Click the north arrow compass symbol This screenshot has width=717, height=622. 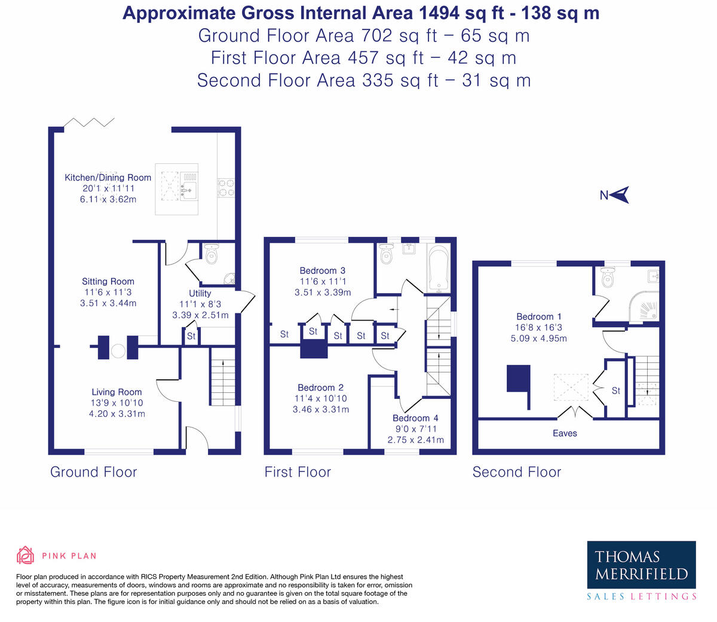[619, 195]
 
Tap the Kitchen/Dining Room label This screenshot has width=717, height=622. [108, 178]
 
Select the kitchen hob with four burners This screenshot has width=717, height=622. [226, 188]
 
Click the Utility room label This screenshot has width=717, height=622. [200, 294]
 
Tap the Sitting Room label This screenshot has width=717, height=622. [108, 281]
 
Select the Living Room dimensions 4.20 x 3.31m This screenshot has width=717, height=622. [117, 414]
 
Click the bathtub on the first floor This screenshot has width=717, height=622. [439, 268]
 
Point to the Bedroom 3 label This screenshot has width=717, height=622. [323, 270]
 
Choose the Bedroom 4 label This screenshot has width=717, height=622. [416, 418]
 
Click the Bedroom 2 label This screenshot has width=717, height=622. [320, 388]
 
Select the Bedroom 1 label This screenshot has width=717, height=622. [539, 317]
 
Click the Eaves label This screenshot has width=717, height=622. [565, 434]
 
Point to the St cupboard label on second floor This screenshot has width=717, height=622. [615, 391]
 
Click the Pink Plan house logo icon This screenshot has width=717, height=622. [25, 556]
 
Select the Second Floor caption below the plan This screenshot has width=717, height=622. [516, 472]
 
